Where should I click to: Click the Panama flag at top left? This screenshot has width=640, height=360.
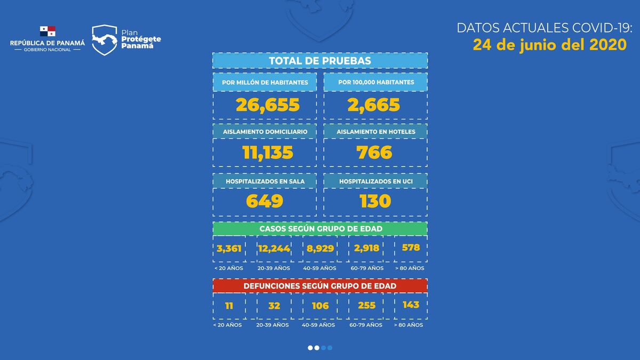coord(47,31)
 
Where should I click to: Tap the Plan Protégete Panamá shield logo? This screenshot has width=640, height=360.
coord(105,40)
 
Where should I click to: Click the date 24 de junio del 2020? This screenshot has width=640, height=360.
coord(549,45)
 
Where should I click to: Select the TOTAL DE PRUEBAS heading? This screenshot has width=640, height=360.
coord(320,61)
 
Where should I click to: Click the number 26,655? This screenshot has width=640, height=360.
coord(268,105)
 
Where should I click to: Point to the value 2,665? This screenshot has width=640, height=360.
coord(373,105)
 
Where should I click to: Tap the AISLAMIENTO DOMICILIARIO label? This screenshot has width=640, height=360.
coord(265,131)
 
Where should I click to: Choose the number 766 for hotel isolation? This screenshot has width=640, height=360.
coord(374,153)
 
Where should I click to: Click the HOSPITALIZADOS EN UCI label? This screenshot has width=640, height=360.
coord(375,181)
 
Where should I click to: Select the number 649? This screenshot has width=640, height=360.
coord(265,201)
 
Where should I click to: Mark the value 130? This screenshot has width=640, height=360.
coord(375,201)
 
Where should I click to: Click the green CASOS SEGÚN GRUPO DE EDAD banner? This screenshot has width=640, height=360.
coord(320,228)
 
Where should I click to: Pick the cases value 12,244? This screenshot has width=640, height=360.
coord(274,249)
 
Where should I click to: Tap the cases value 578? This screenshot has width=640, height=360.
coord(411,247)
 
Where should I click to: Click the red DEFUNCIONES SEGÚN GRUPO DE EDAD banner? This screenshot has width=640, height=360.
coord(320,286)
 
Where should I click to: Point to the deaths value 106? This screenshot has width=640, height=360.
coord(320,306)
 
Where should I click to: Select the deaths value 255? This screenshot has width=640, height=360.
coord(367,306)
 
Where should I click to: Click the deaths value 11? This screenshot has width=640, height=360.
coord(229,306)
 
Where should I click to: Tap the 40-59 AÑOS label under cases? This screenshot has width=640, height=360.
coord(319,268)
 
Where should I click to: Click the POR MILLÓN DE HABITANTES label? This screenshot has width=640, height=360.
coord(265,83)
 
